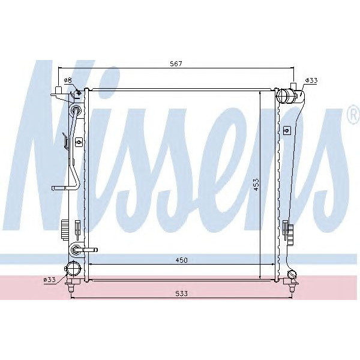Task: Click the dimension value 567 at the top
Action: coord(175,64)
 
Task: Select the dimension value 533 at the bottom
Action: coord(182,293)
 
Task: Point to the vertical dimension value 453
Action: coord(255,185)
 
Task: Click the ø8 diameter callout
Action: coord(67,80)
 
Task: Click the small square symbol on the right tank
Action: coord(287,130)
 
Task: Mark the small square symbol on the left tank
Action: coord(78,142)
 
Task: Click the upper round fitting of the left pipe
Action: coord(76,109)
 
